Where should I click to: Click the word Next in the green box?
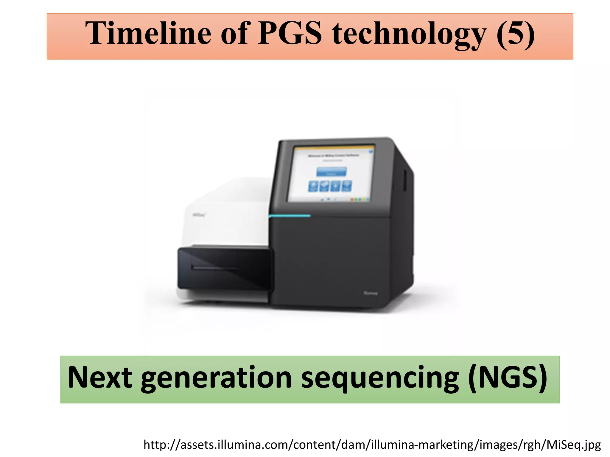pyautogui.click(x=100, y=377)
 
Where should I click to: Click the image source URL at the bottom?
pyautogui.click(x=372, y=445)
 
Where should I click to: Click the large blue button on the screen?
pyautogui.click(x=332, y=172)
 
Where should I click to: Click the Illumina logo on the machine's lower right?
pyautogui.click(x=371, y=293)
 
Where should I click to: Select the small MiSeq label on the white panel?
pyautogui.click(x=199, y=215)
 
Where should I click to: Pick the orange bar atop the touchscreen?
pyautogui.click(x=334, y=147)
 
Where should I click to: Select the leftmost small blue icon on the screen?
pyautogui.click(x=313, y=186)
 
